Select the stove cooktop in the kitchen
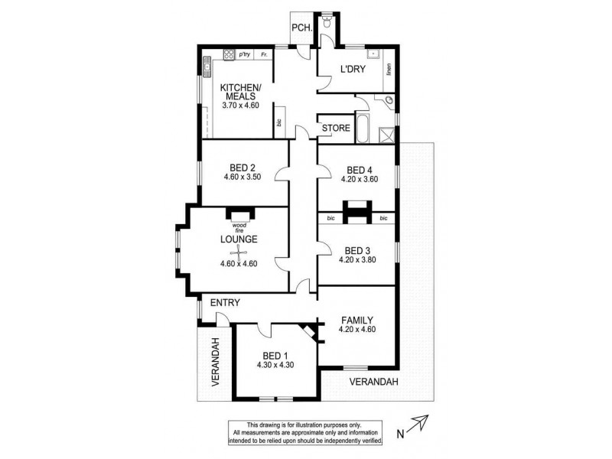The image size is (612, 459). [x=228, y=54]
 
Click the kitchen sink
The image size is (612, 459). [x=207, y=68]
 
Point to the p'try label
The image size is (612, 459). [x=245, y=54]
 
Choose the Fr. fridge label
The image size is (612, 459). [x=264, y=54]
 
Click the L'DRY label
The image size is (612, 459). [x=353, y=70]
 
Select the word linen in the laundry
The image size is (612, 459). [x=389, y=69]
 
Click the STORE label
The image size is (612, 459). [x=335, y=128]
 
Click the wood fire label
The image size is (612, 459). [x=239, y=227]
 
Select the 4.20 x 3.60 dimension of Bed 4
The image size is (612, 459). [x=358, y=181]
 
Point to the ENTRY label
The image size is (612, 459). [x=225, y=303]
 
